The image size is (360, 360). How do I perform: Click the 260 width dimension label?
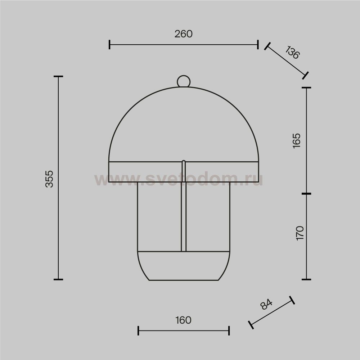[184, 34]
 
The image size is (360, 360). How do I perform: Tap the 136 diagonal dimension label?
[292, 52]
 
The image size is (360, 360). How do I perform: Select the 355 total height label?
[49, 179]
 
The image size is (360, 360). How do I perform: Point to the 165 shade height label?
[297, 141]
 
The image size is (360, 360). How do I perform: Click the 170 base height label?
[300, 233]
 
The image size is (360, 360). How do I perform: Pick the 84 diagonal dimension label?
[266, 304]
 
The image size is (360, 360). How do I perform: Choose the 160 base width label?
[184, 320]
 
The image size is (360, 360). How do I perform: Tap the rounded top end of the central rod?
[184, 161]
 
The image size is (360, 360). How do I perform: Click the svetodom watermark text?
[179, 179]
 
